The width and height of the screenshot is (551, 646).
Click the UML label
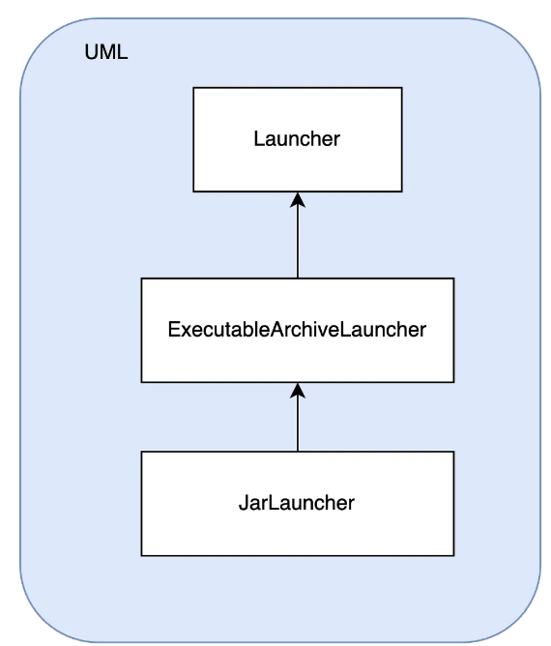106,52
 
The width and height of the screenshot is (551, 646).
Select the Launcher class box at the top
298,139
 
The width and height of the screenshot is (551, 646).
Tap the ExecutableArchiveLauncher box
298,330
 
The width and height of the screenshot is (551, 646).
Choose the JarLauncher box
298,504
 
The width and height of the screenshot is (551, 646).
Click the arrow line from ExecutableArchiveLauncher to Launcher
298,235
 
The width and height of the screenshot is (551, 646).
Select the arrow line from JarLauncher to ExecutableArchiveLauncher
298,417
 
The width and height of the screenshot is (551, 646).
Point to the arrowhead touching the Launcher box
298,199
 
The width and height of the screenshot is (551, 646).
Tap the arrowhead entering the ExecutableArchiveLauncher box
298,390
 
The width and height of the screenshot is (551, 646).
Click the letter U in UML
91,52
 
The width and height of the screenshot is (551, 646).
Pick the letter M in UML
108,52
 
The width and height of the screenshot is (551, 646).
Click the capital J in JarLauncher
243,503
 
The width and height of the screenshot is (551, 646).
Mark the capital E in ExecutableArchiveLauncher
173,329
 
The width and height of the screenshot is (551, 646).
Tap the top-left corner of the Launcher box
193,87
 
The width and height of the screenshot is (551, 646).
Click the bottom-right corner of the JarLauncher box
454,556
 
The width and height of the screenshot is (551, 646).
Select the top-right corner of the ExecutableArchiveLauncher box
454,279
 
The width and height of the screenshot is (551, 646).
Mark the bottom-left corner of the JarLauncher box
141,556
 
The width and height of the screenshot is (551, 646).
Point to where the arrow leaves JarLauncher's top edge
298,451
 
